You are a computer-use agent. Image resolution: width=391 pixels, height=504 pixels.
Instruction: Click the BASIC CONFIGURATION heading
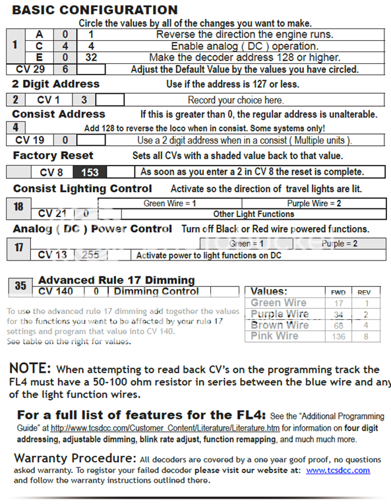pos(95,10)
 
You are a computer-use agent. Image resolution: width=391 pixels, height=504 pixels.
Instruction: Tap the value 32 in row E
pos(90,57)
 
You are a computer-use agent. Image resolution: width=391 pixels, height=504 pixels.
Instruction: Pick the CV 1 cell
pos(49,100)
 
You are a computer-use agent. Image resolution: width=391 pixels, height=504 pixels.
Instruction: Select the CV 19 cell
pos(30,140)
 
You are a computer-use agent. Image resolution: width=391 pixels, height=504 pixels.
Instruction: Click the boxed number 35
pos(20,286)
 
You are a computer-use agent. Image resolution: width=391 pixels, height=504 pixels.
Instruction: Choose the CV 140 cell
pos(56,291)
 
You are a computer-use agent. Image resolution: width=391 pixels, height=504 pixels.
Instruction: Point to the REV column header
pos(364,292)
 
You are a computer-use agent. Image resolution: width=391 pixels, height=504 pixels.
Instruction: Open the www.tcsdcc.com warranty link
pos(338,470)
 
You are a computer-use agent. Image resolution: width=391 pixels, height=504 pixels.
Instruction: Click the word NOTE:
pos(30,368)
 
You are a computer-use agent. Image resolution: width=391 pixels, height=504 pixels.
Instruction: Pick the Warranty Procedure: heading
pos(75,458)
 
